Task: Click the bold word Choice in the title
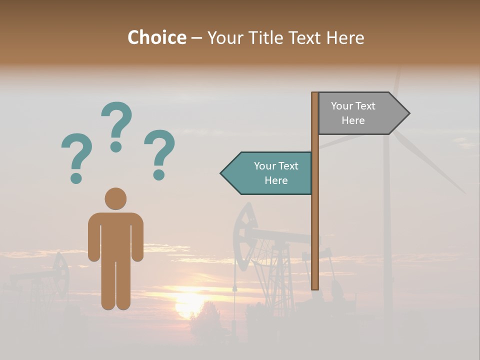pyautogui.click(x=157, y=37)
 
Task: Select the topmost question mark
pyautogui.click(x=116, y=126)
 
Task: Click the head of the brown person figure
pyautogui.click(x=115, y=198)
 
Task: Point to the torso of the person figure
pyautogui.click(x=115, y=235)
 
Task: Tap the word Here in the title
pyautogui.click(x=345, y=37)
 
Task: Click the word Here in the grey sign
pyautogui.click(x=353, y=120)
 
